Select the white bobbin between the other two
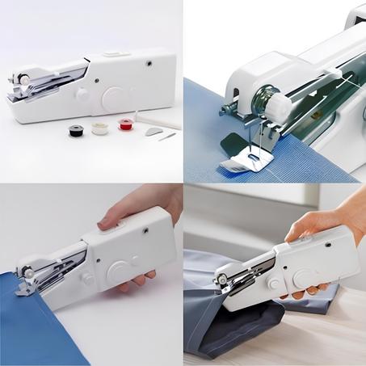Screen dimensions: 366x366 point(99,128)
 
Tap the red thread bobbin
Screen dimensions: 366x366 point(124,124)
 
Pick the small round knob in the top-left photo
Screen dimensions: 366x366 point(82,95)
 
